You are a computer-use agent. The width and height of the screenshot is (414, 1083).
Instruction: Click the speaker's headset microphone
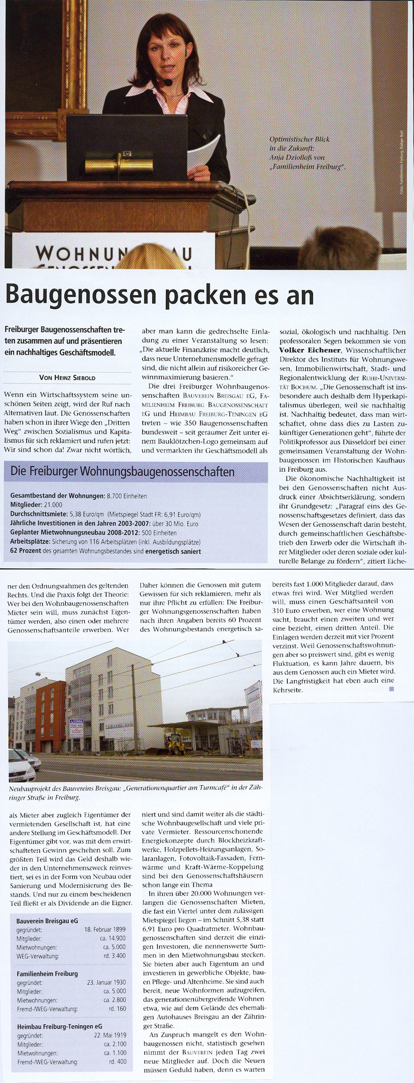pos(169,82)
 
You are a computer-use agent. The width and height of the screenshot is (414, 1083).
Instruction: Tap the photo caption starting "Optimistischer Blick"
pos(307,153)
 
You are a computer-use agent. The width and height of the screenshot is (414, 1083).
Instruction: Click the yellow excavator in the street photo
pos(174,743)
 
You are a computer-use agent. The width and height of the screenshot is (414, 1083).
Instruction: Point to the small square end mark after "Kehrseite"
pos(391,688)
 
